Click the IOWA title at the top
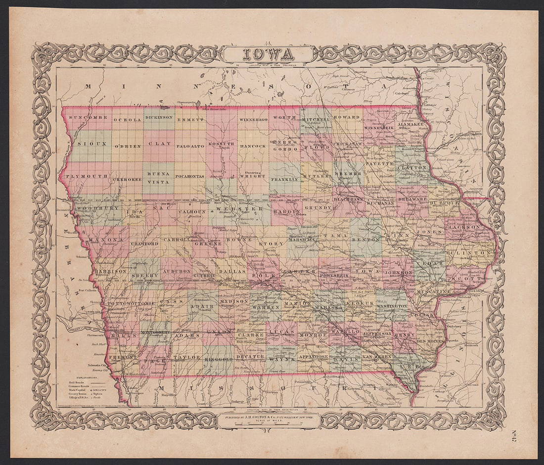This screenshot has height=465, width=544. pos(268,53)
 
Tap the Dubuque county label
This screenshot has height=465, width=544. pos(445,203)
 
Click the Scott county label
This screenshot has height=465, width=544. pos(472,279)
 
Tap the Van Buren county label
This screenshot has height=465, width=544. pos(377,356)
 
